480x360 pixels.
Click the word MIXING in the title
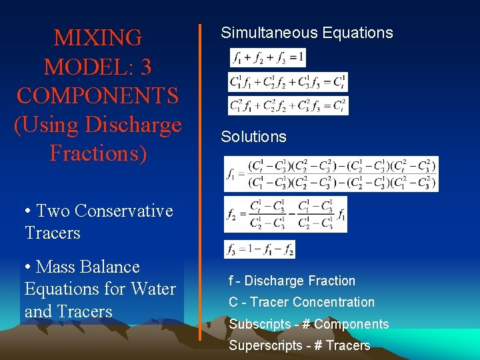(x=98, y=38)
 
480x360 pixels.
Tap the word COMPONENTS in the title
(x=98, y=95)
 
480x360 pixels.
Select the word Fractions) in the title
(x=98, y=153)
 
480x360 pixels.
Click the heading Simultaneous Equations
(x=307, y=33)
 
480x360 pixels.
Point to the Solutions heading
(x=253, y=137)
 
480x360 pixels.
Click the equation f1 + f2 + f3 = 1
(x=267, y=58)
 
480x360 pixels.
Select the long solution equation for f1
(x=331, y=173)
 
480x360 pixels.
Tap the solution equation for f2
(x=285, y=215)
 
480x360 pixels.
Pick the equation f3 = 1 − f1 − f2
(x=259, y=249)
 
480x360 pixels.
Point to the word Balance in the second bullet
(x=113, y=267)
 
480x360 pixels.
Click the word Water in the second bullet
(x=155, y=289)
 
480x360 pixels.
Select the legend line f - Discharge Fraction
(x=292, y=281)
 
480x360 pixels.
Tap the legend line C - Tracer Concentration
(x=301, y=302)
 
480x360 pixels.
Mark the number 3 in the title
(x=146, y=67)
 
